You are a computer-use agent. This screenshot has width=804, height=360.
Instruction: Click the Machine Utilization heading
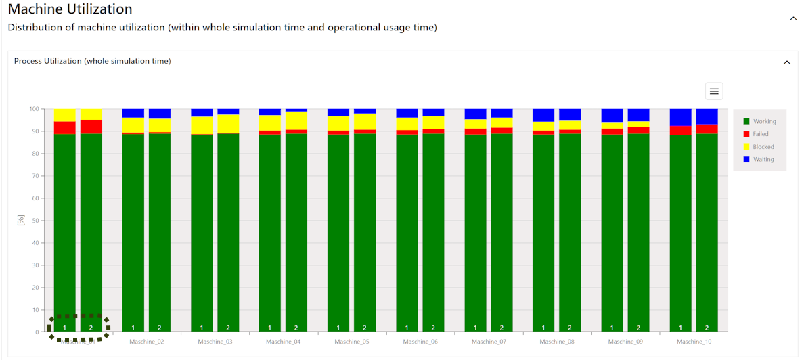tap(70, 9)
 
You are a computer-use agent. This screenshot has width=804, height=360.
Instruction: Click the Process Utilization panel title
tap(92, 61)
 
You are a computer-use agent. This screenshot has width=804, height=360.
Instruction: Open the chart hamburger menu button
tap(713, 91)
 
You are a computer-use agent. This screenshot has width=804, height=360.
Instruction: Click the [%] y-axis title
tap(21, 220)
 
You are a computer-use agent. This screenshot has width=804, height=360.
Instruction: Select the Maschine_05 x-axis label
tap(352, 342)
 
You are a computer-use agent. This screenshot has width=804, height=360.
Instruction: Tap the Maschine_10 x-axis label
tap(694, 342)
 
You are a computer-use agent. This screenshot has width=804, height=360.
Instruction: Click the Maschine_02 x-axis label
tap(147, 342)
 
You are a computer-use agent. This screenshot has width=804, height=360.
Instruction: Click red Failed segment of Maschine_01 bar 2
tap(91, 127)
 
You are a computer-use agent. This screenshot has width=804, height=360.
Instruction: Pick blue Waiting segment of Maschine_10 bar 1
tap(681, 117)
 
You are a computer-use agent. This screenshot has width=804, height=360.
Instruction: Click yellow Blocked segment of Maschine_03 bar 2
tap(228, 124)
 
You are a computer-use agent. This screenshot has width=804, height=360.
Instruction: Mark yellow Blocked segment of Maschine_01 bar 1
tap(65, 115)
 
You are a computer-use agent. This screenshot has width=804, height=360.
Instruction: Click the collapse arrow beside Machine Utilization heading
tap(793, 18)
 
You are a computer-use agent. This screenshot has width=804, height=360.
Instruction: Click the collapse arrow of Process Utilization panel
tap(786, 62)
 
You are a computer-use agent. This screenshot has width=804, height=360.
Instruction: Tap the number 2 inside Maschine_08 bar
tap(570, 328)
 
